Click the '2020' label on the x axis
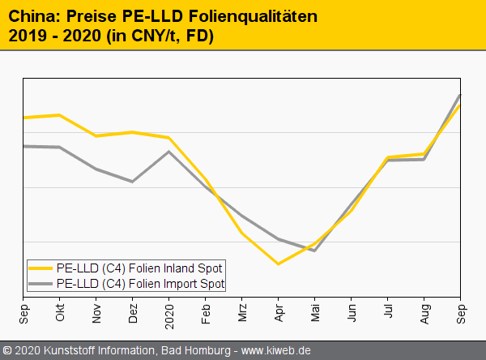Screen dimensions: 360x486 coord(169,314)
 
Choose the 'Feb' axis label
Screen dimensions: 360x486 coord(206,311)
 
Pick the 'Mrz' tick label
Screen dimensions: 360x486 coord(242,311)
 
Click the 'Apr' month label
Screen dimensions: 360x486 coord(279,311)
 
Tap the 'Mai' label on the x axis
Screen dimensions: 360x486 coord(315,311)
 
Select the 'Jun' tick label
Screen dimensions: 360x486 coord(352,311)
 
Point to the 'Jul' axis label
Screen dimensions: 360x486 coord(388,311)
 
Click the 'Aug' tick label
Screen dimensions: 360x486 coord(424,311)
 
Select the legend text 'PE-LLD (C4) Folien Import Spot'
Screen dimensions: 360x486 coord(140,284)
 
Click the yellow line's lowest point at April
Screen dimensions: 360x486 coord(279,264)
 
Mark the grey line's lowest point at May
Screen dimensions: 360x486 coord(314,251)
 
